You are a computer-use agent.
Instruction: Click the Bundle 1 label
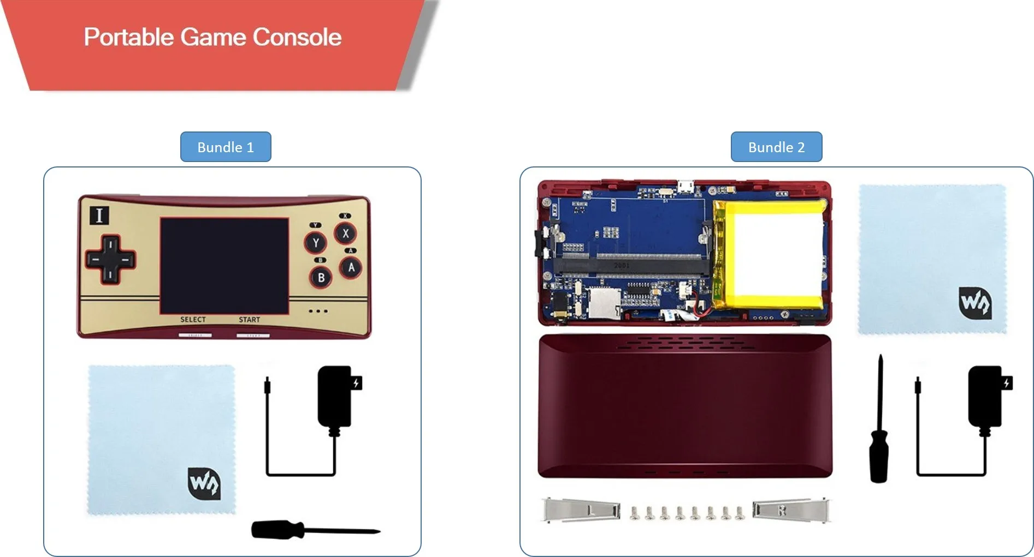pyautogui.click(x=226, y=147)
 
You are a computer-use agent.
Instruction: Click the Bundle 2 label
pyautogui.click(x=776, y=147)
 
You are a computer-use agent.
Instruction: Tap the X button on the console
pyautogui.click(x=345, y=233)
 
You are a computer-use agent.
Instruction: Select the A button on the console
pyautogui.click(x=351, y=267)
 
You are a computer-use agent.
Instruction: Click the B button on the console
pyautogui.click(x=321, y=278)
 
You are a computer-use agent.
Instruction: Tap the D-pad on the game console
pyautogui.click(x=110, y=260)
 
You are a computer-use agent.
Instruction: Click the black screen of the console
pyautogui.click(x=224, y=265)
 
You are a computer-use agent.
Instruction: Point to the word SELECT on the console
pyautogui.click(x=193, y=320)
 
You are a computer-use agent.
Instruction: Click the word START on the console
pyautogui.click(x=249, y=320)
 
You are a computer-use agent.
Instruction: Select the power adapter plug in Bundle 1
pyautogui.click(x=334, y=397)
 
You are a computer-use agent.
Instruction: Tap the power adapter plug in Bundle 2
pyautogui.click(x=985, y=397)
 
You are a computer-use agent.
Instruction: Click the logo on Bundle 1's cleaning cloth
pyautogui.click(x=204, y=483)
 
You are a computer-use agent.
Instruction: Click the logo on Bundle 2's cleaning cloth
pyautogui.click(x=975, y=303)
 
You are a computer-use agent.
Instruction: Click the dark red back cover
pyautogui.click(x=685, y=406)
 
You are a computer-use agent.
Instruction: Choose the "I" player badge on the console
pyautogui.click(x=99, y=215)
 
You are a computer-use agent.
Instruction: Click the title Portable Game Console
pyautogui.click(x=212, y=37)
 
